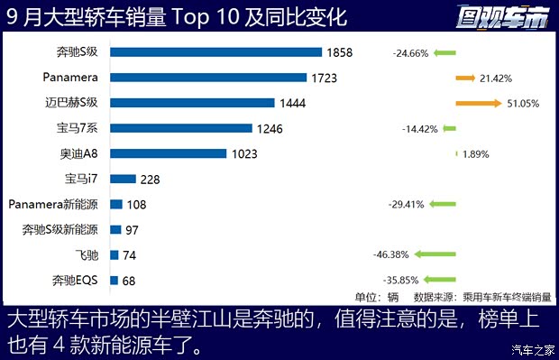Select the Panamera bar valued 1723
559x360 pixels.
[207, 78]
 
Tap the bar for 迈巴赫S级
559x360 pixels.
[191, 103]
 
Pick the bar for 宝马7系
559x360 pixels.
[180, 128]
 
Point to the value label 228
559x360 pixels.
[150, 180]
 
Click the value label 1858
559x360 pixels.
[339, 53]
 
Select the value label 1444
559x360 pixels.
[292, 104]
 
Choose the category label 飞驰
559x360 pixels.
[87, 255]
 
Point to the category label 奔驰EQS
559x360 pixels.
[76, 281]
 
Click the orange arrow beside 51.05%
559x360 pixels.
[479, 103]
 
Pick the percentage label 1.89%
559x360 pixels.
[475, 154]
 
